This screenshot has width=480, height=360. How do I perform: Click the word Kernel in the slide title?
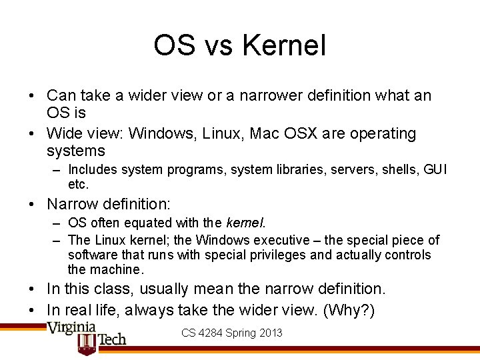284,46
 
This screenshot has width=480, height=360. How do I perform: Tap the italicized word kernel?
245,223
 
